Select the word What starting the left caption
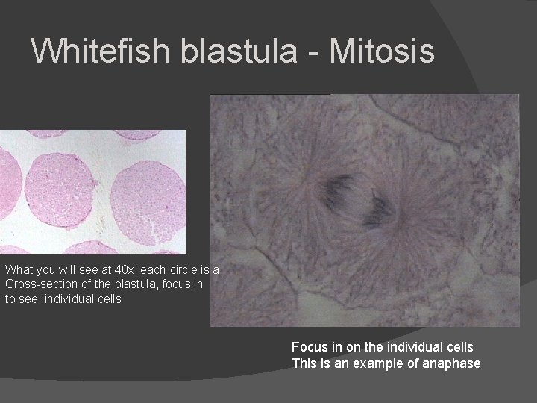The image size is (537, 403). tap(18, 269)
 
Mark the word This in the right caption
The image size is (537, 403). tap(304, 363)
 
